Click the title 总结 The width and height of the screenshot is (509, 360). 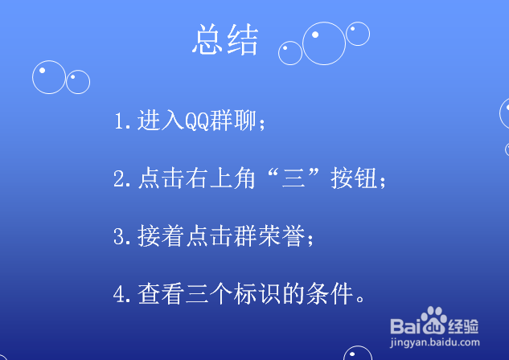coord(226,39)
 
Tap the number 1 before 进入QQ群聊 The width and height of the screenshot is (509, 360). coord(119,121)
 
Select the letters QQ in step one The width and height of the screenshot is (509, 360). coord(197,121)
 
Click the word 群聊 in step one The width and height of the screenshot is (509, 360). coord(232,121)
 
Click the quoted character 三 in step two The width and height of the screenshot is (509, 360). coord(293,178)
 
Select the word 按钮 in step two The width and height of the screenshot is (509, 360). coord(354,178)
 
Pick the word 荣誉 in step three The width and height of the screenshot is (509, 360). coord(281,235)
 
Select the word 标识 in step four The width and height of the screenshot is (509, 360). coord(257,293)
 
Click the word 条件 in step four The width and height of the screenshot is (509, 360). coord(330,293)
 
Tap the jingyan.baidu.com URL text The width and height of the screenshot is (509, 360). coord(435,342)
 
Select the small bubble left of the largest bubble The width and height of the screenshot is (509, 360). coord(290,53)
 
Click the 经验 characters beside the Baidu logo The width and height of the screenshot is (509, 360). coord(463,326)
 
